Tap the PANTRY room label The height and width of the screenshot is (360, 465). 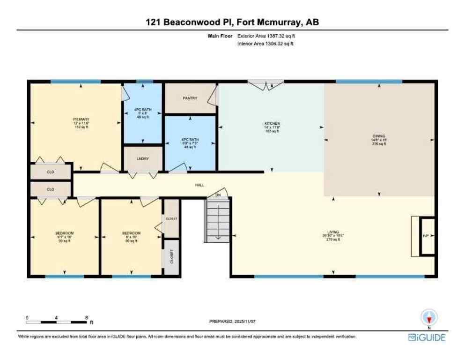[190, 98]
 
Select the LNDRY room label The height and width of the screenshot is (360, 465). [143, 158]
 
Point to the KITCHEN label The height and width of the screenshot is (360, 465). [272, 124]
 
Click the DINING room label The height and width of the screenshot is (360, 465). [379, 136]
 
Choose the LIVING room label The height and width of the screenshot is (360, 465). [333, 232]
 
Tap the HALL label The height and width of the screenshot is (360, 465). [199, 185]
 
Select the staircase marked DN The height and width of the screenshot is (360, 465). [217, 219]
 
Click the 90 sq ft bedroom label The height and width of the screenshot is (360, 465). [65, 233]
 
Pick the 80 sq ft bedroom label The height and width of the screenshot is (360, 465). [131, 233]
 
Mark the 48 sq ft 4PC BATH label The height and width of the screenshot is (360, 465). [189, 139]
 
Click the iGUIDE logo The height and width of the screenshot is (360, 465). [427, 337]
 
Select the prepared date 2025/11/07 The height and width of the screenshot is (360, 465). [232, 322]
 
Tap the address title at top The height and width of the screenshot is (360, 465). [232, 22]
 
